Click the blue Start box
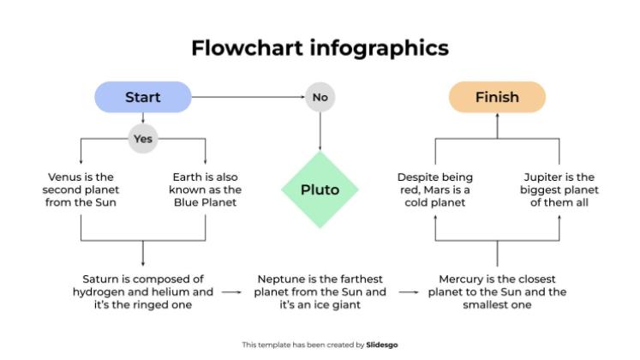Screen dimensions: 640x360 point(143,97)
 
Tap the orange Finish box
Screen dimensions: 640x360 point(497,97)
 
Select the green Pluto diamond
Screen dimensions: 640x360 point(320,189)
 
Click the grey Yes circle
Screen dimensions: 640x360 point(143,139)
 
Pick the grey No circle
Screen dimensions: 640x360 point(320,97)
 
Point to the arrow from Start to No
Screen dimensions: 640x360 point(248,97)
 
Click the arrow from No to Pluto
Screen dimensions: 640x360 point(320,131)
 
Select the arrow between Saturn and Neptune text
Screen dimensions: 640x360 point(232,292)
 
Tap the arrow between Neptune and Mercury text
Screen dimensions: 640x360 point(409,292)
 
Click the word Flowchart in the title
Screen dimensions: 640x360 point(248,48)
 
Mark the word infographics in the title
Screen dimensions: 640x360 point(380,49)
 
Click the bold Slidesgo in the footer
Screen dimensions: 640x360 point(381,345)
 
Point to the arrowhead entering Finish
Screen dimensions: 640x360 point(497,115)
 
